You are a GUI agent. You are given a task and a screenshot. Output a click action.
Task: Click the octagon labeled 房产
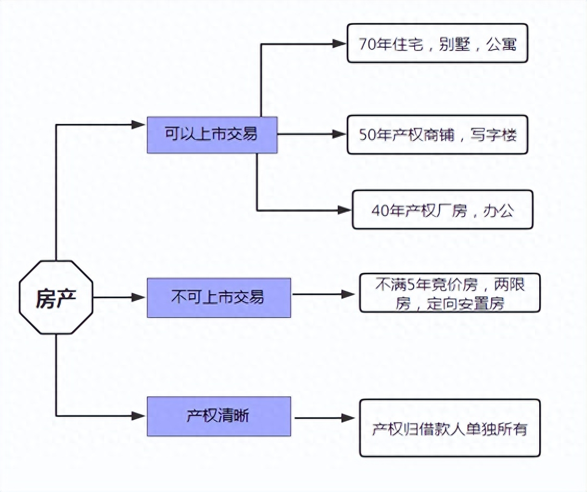point(56,297)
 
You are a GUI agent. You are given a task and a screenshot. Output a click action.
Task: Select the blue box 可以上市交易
point(212,135)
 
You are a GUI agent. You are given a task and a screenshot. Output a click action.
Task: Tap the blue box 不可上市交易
point(219,297)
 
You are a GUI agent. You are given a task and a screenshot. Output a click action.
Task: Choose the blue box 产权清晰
point(219,416)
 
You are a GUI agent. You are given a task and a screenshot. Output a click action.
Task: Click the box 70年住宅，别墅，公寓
point(437,43)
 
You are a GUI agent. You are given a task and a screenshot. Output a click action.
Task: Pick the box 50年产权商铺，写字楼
point(437,135)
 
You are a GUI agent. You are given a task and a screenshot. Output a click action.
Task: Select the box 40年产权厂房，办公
point(442,210)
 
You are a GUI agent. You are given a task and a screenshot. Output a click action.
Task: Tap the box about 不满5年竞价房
point(450,293)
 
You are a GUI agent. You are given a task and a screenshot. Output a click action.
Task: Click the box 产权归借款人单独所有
point(450,428)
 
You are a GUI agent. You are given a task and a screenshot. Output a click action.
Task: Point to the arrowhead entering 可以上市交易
point(138,124)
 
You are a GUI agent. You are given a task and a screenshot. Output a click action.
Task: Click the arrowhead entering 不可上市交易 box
point(138,297)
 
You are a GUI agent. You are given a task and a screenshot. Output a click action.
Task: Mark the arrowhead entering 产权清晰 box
point(138,416)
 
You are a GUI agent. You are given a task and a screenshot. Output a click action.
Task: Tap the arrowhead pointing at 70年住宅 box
point(340,44)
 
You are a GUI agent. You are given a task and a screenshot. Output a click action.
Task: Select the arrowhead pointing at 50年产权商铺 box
point(340,134)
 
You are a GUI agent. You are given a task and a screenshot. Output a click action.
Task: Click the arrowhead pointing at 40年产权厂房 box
point(344,210)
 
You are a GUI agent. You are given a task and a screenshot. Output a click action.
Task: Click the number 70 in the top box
point(366,44)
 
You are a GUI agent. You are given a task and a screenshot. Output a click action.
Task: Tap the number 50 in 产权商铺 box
point(366,135)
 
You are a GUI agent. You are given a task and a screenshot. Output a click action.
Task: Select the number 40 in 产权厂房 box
point(379,210)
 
